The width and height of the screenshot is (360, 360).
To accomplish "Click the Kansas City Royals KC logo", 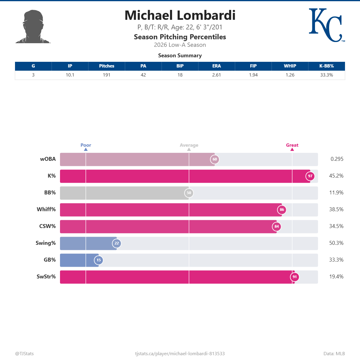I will (x=326, y=25).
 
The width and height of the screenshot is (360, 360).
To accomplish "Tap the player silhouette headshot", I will (x=33, y=27).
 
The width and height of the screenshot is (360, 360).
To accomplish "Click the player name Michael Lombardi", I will (x=180, y=16).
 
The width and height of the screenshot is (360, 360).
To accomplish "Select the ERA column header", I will (x=216, y=66).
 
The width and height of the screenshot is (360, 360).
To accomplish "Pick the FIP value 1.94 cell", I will (x=253, y=75).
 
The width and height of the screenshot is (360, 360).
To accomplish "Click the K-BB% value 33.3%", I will (x=326, y=75).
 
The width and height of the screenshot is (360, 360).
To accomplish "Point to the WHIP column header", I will (x=290, y=66).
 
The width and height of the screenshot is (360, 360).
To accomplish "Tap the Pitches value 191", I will (x=106, y=75).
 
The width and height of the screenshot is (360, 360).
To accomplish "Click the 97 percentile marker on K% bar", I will (x=310, y=176).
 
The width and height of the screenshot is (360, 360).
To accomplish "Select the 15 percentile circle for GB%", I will (x=99, y=260).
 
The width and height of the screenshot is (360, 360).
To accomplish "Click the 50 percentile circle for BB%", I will (x=189, y=193).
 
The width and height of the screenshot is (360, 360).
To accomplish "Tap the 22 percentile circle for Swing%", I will (x=117, y=243).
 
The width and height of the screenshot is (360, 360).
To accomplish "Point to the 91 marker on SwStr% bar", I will (x=295, y=277).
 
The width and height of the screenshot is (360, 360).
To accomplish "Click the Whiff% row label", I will (x=46, y=209).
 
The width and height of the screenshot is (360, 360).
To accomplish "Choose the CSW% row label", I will (x=47, y=226).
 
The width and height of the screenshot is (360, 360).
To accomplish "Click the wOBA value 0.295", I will (x=337, y=159).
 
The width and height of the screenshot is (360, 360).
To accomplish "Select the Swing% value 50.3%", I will (x=336, y=243).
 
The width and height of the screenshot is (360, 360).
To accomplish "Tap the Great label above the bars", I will (x=292, y=145).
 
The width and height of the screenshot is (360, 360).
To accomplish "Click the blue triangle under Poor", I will (x=86, y=149).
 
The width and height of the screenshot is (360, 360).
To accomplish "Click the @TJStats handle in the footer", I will (x=24, y=354).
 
